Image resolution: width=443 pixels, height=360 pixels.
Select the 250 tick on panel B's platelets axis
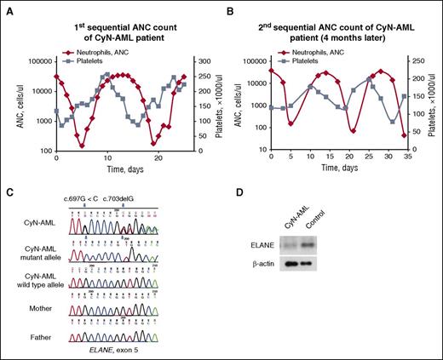(x=415, y=62)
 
